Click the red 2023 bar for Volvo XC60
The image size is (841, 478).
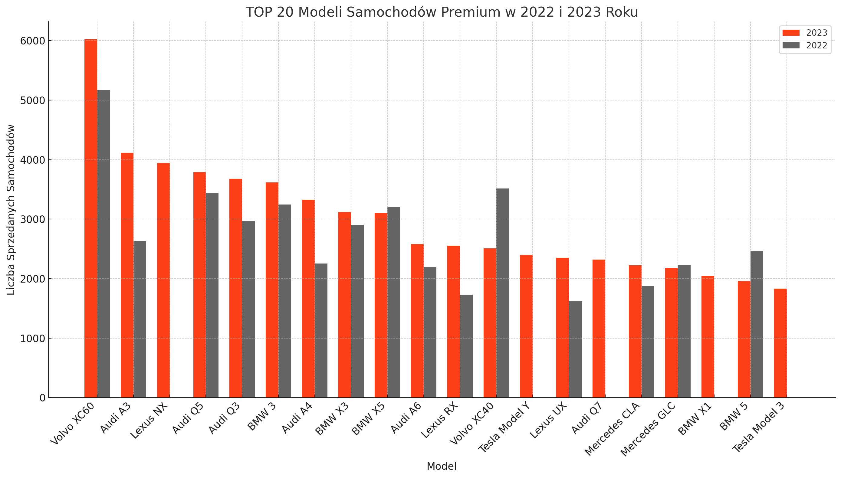[90, 218]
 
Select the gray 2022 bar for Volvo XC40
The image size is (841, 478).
[502, 293]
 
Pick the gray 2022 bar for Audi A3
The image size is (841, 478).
[140, 319]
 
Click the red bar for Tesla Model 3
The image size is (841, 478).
[780, 343]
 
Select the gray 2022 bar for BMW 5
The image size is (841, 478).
[757, 324]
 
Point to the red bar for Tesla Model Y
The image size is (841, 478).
[526, 326]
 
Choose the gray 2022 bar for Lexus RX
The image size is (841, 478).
[466, 346]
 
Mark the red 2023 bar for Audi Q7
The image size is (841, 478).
[599, 329]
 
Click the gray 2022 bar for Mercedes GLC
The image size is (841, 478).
[684, 331]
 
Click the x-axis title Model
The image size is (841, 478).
[441, 466]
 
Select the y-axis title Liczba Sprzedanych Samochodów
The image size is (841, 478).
[11, 209]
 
